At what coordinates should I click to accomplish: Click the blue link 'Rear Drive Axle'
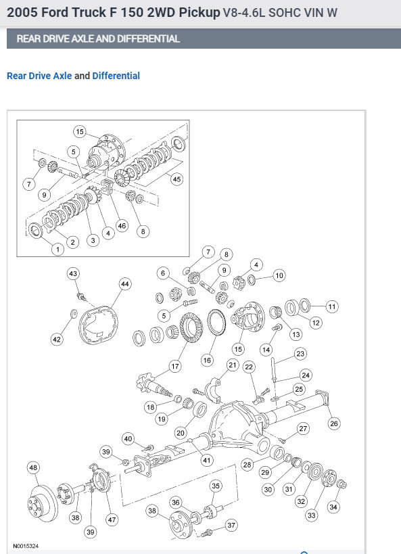[39, 76]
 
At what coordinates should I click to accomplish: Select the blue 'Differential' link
[116, 76]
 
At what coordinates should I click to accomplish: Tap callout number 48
[33, 468]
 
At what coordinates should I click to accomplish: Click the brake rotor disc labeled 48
[43, 504]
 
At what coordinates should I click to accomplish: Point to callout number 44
[125, 284]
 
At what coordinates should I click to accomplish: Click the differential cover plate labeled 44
[99, 325]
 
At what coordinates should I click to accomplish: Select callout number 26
[334, 423]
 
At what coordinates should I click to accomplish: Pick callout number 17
[175, 367]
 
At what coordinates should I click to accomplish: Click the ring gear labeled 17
[191, 327]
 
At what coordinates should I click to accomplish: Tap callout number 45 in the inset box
[176, 179]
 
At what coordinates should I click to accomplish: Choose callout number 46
[122, 226]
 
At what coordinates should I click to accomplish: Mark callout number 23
[300, 354]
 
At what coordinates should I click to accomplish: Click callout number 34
[333, 507]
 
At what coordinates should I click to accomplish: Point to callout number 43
[73, 273]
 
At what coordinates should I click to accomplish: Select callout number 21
[232, 365]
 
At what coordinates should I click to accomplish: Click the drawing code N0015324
[26, 546]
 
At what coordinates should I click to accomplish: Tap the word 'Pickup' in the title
[199, 13]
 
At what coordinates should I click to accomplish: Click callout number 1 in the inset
[57, 250]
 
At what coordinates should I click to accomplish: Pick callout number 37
[231, 526]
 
